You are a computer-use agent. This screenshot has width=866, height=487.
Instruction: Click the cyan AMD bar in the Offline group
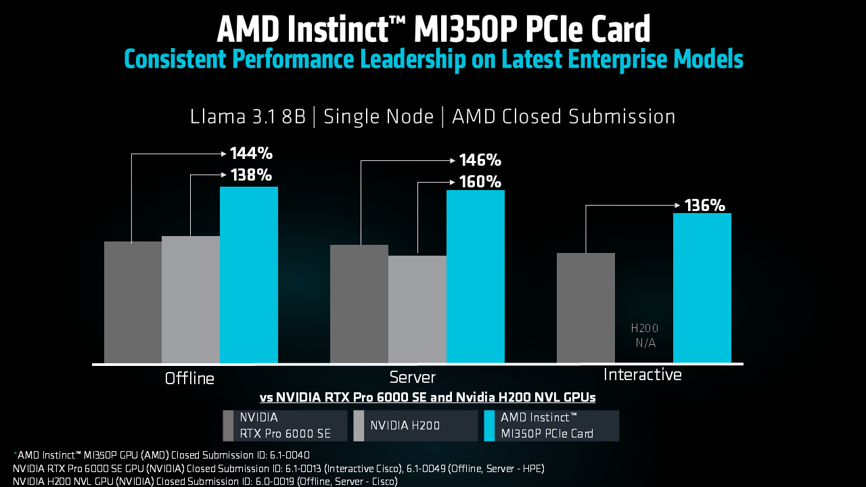tap(249, 275)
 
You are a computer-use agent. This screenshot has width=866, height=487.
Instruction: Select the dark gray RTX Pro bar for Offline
tap(133, 302)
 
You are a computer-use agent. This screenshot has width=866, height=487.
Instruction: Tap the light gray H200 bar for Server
tap(417, 309)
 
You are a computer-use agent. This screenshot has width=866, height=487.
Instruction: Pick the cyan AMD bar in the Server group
tap(476, 277)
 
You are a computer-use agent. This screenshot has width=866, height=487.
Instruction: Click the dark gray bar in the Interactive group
tap(586, 308)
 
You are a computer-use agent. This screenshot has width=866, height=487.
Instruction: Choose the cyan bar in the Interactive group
tap(702, 288)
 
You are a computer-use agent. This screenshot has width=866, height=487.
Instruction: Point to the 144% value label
tap(251, 154)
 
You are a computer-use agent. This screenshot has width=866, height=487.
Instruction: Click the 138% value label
tap(251, 175)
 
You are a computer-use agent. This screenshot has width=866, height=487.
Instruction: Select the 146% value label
tap(480, 160)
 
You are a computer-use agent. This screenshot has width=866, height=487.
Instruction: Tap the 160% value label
tap(480, 182)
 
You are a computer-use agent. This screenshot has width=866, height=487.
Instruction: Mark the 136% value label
tap(705, 205)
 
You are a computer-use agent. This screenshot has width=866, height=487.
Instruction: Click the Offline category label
tap(189, 378)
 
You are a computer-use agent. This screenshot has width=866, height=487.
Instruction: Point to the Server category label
tap(412, 377)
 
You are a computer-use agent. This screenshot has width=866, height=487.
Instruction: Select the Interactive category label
tap(643, 375)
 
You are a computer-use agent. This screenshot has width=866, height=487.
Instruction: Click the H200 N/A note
tap(645, 335)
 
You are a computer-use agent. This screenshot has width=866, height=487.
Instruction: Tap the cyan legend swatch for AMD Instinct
tap(489, 425)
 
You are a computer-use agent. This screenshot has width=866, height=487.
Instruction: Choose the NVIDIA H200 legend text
tap(405, 425)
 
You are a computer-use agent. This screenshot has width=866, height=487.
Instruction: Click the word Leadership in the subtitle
tap(413, 59)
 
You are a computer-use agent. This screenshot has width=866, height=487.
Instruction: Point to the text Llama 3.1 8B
tap(248, 116)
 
